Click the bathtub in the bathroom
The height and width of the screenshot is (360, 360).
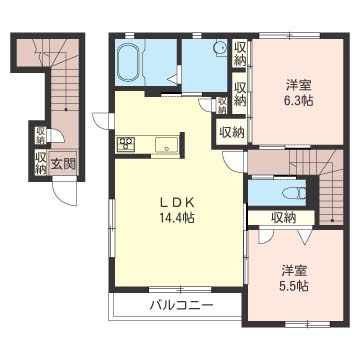[x=128, y=63]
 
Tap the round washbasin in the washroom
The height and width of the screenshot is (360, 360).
[x=220, y=48]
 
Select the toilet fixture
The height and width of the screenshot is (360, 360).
[x=294, y=193]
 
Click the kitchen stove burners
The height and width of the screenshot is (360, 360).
[x=125, y=144]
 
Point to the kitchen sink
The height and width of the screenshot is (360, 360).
[x=166, y=145]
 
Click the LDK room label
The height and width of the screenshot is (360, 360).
[x=176, y=202]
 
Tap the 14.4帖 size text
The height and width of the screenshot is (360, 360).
[x=177, y=218]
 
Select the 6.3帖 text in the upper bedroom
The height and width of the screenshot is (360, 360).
[x=298, y=101]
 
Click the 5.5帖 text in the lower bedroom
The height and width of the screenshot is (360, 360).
[x=294, y=285]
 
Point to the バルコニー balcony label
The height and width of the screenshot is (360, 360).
[x=181, y=305]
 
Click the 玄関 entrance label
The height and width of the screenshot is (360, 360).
[x=63, y=164]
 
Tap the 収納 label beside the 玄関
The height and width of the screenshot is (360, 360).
[x=41, y=163]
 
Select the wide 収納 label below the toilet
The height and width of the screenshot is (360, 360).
[x=284, y=218]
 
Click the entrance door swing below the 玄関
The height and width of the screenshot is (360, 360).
[x=64, y=193]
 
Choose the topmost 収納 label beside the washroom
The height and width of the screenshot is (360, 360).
[x=240, y=54]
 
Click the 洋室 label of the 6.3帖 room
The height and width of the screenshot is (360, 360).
[x=299, y=85]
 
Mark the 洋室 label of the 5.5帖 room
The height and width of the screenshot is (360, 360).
[x=294, y=270]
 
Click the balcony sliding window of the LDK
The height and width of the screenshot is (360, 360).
[x=180, y=289]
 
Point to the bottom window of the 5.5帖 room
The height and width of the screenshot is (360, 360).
[x=308, y=323]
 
